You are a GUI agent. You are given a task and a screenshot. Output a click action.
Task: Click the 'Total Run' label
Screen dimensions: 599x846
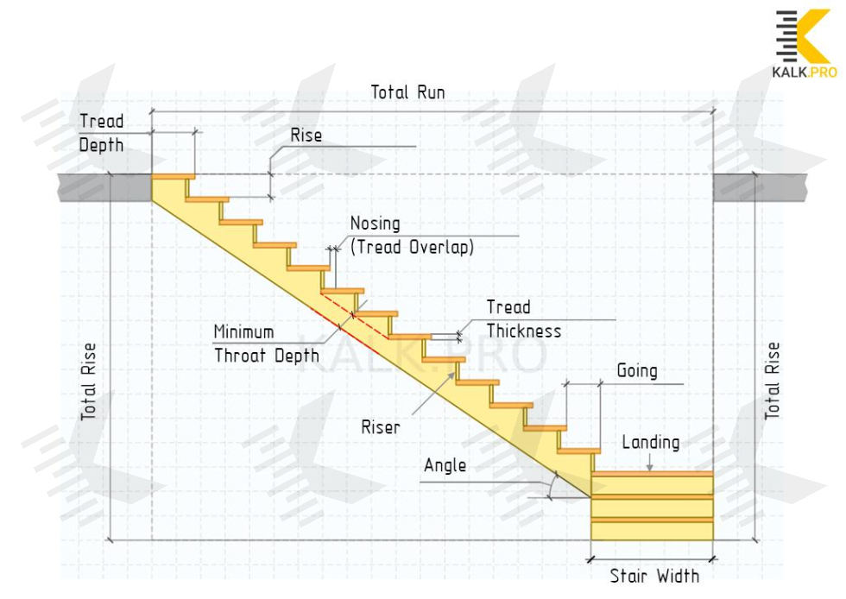407,91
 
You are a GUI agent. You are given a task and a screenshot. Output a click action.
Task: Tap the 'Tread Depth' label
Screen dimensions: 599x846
101,133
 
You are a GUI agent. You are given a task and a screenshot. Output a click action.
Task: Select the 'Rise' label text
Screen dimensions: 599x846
306,136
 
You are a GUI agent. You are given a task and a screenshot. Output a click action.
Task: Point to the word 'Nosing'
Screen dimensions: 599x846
375,224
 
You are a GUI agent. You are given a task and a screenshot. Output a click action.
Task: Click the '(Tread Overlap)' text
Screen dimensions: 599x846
412,246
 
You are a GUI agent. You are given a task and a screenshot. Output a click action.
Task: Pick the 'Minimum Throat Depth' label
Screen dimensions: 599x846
265,344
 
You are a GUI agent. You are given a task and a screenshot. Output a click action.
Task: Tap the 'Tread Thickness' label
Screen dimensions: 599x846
523,319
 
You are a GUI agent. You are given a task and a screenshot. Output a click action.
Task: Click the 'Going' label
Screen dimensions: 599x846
636,371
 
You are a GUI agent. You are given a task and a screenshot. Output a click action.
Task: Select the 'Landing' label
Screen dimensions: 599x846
650,443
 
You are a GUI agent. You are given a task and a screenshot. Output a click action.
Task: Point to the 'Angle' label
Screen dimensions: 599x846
445,466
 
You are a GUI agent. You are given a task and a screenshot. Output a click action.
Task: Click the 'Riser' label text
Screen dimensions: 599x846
381,426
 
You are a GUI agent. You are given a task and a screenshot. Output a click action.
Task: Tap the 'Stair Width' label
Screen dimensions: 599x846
654,576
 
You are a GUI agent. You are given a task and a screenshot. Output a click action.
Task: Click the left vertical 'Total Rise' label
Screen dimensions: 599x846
89,381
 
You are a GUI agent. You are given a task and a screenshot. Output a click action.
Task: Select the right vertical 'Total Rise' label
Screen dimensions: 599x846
773,381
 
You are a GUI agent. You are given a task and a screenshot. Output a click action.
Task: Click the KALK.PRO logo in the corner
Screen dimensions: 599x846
804,44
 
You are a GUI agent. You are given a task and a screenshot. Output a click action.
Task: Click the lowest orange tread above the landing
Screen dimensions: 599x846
578,451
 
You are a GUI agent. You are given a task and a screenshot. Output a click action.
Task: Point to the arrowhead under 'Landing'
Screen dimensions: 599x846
650,468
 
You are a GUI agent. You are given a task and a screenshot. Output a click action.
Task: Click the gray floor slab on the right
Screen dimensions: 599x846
760,187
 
